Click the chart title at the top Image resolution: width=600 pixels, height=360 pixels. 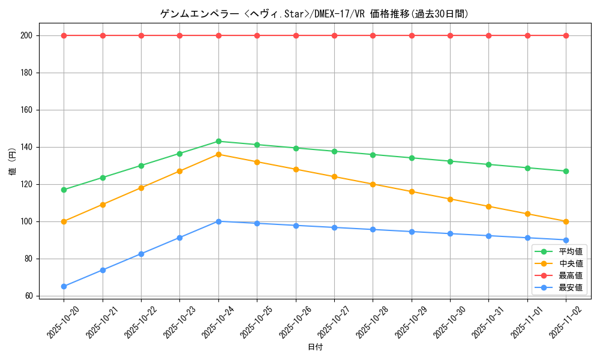[x=314, y=14]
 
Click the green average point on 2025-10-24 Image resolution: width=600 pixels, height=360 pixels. [x=218, y=142]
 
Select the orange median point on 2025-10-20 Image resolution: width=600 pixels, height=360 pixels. [x=64, y=221]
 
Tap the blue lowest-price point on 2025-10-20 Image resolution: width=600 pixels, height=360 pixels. [x=64, y=286]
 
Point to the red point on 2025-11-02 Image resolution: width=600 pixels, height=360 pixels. [x=566, y=35]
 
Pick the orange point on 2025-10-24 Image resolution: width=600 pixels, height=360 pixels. [x=218, y=154]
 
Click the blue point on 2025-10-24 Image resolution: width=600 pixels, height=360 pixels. [x=218, y=221]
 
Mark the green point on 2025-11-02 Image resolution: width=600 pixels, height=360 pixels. [x=566, y=171]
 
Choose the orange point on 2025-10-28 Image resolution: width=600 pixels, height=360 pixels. [x=373, y=184]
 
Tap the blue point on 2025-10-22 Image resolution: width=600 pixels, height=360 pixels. [x=141, y=254]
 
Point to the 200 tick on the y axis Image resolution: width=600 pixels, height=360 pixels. [x=28, y=35]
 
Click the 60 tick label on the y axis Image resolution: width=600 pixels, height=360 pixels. [x=29, y=296]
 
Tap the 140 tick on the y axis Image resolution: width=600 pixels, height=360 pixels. [x=28, y=147]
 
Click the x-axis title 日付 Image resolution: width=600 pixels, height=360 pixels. [x=314, y=347]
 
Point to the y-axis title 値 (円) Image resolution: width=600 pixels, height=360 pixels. [x=12, y=161]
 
